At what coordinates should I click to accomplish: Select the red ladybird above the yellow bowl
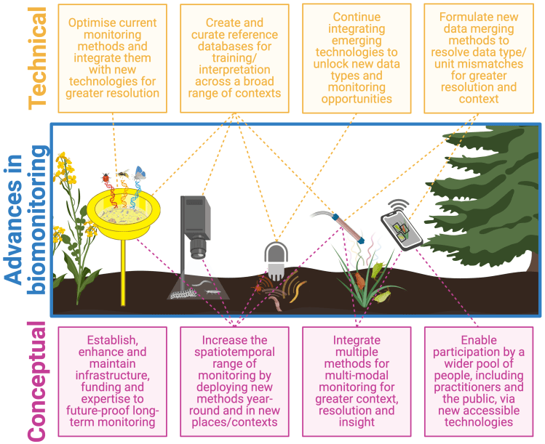pos(107,177)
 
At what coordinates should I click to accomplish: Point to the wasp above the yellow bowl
pos(123,174)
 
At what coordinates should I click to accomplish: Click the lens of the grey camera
pos(199,251)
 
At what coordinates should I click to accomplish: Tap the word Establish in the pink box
pos(111,340)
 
